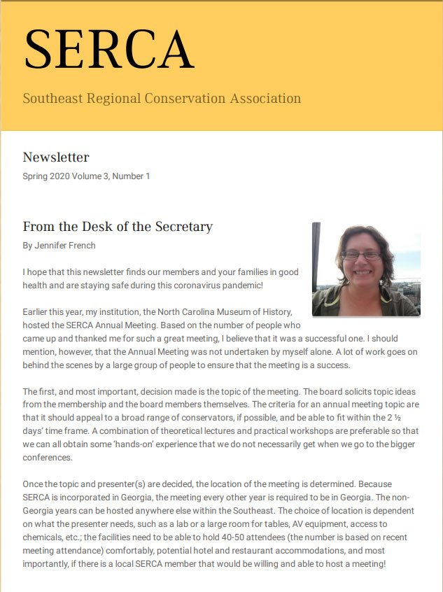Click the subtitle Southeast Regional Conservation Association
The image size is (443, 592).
[162, 98]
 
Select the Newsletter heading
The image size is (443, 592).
[56, 157]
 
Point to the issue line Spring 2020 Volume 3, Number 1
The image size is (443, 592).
[86, 176]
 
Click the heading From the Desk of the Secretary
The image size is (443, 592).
[118, 227]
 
